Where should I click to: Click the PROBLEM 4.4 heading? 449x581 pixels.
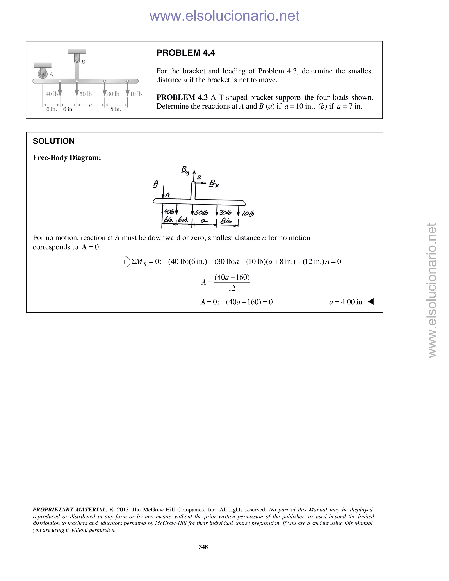(185, 53)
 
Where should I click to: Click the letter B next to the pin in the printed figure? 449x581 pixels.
(83, 62)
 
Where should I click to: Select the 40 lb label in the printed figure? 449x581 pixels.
(51, 94)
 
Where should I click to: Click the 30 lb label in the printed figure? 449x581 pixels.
(113, 94)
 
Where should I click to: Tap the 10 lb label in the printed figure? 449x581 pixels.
(136, 94)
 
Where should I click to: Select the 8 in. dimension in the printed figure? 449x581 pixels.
(116, 109)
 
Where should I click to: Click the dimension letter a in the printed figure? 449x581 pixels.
(91, 105)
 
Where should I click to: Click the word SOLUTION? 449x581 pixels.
(54, 141)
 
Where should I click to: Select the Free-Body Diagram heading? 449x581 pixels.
(67, 158)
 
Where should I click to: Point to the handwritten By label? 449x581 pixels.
(185, 170)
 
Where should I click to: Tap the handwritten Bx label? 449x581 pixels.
(214, 183)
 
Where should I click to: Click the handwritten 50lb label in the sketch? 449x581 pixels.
(201, 213)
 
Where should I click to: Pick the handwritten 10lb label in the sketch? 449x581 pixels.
(248, 213)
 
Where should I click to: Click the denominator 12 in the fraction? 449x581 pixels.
(232, 288)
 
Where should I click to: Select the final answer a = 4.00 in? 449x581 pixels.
(346, 302)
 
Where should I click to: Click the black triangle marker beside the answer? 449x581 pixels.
(371, 302)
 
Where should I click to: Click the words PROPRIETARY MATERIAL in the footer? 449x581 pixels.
(70, 510)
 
